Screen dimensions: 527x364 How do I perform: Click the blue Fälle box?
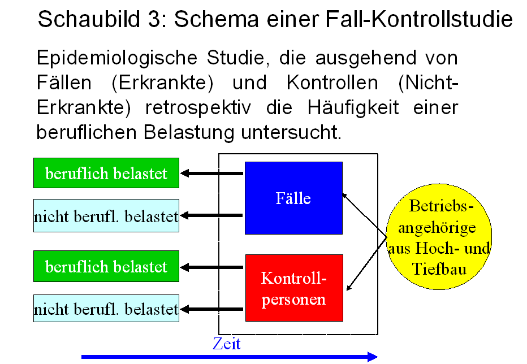[x=293, y=198]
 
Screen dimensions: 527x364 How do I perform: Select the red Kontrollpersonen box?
[x=295, y=288]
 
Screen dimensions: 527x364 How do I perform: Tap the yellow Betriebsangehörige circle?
[x=439, y=237]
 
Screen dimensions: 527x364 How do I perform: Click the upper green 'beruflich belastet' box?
[x=106, y=173]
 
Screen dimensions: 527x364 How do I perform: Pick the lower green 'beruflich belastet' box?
[x=106, y=266]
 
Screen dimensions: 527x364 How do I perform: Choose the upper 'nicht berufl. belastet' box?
[x=106, y=215]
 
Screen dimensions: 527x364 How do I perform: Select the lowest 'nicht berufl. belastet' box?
[x=106, y=308]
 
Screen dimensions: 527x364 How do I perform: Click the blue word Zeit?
[x=227, y=344]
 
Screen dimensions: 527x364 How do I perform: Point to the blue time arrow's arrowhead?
[x=373, y=357]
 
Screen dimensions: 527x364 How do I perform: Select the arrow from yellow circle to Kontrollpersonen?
[x=366, y=263]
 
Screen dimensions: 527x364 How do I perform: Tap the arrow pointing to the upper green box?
[x=211, y=174]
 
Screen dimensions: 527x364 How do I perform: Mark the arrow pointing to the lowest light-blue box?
[x=211, y=309]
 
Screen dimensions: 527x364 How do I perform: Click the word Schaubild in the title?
[x=89, y=19]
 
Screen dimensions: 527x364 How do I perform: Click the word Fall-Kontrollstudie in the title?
[x=419, y=19]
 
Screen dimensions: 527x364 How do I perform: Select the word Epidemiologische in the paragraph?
[x=117, y=58]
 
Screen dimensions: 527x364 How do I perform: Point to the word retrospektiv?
[x=198, y=108]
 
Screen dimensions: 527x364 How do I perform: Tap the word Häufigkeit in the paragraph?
[x=353, y=108]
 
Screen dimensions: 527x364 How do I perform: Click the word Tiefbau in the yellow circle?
[x=439, y=269]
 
